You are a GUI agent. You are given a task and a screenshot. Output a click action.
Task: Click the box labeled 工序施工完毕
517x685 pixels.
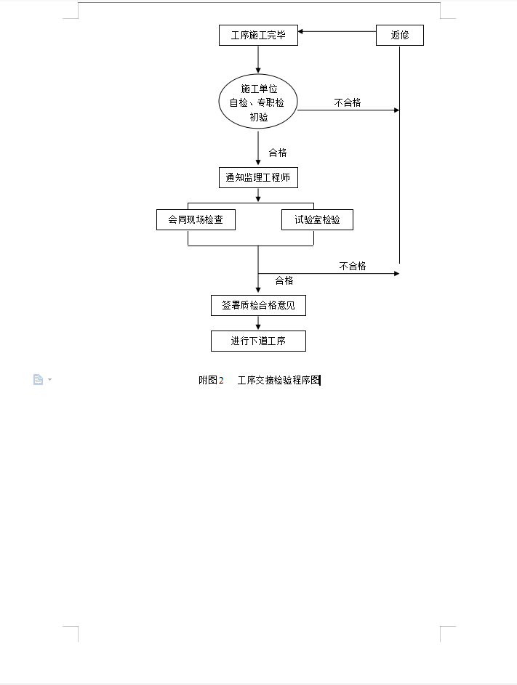[x=258, y=35]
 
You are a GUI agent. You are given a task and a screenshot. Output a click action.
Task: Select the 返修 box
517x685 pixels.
[x=400, y=35]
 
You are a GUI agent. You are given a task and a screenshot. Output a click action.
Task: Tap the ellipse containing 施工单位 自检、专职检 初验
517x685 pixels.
[x=258, y=102]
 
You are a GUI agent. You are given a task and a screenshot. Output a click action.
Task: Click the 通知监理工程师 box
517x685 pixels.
[x=258, y=177]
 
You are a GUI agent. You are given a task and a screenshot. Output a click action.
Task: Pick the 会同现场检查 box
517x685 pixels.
[x=196, y=220]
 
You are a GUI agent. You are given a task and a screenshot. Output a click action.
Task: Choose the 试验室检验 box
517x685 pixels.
[x=317, y=220]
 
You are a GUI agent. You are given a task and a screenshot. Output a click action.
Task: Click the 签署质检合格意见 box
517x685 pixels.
[x=258, y=305]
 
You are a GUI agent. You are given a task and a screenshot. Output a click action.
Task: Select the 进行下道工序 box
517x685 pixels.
[x=258, y=341]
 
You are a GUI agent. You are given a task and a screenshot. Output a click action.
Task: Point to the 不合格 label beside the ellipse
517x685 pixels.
[x=348, y=102]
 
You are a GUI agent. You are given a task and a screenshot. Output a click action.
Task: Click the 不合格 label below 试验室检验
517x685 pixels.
[x=353, y=266]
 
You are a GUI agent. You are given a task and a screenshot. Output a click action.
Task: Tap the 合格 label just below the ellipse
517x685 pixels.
[x=278, y=153]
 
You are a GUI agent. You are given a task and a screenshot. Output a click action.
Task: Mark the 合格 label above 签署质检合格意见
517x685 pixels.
[x=284, y=280]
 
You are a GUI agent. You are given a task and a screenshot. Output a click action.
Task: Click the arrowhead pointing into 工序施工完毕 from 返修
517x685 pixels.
[x=300, y=31]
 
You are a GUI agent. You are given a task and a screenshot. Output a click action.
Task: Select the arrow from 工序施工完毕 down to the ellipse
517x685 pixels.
[x=258, y=60]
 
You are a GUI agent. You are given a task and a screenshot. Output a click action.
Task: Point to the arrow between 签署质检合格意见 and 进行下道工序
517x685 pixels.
[x=258, y=323]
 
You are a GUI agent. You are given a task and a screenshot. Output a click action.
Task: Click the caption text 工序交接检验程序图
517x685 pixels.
[x=278, y=380]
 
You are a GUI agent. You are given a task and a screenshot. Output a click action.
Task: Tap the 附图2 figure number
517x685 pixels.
[x=211, y=380]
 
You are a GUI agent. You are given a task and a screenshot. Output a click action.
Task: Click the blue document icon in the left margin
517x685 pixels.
[x=38, y=379]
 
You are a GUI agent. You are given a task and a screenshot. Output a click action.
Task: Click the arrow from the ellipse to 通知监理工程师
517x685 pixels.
[x=258, y=147]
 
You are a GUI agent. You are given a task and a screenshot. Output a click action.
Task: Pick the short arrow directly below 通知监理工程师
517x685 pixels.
[x=258, y=195]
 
